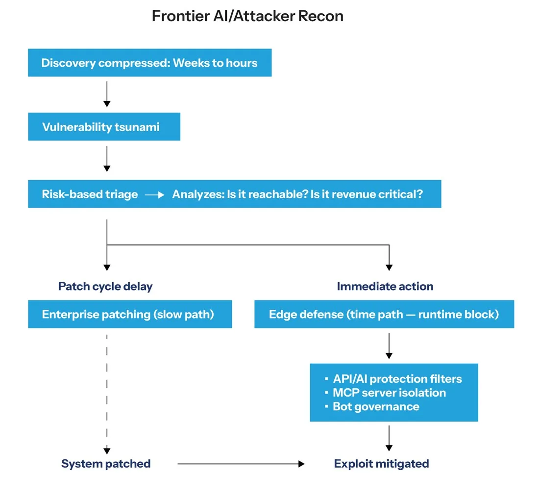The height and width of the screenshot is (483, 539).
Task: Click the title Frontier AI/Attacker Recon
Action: [x=247, y=16]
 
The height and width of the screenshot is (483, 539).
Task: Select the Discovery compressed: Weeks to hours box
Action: [x=150, y=63]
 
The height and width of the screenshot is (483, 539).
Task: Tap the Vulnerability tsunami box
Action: [x=104, y=127]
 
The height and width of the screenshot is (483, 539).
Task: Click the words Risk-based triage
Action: [x=90, y=194]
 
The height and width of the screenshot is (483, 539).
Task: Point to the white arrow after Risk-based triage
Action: [x=155, y=195]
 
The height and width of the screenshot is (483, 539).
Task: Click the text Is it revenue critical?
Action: [x=367, y=194]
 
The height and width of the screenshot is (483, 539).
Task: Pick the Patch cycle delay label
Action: [x=105, y=286]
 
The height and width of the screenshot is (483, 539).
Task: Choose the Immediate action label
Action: [x=385, y=286]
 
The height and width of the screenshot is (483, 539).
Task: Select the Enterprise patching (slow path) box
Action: [x=130, y=314]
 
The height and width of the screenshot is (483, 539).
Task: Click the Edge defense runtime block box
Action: [x=384, y=314]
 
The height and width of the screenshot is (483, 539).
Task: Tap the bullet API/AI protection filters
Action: [x=393, y=378]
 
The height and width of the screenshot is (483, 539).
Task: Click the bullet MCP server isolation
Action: [x=385, y=393]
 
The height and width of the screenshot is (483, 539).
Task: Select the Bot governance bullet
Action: [x=372, y=406]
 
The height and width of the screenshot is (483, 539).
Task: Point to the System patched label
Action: [x=106, y=464]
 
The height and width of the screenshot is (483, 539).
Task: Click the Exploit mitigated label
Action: [x=382, y=464]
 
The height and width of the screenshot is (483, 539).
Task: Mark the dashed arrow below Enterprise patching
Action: [x=107, y=394]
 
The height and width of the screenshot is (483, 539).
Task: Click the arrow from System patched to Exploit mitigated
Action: [x=241, y=464]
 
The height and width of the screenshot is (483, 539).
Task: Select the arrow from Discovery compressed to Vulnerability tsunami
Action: [x=107, y=94]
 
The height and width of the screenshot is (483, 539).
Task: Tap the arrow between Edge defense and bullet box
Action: [x=389, y=346]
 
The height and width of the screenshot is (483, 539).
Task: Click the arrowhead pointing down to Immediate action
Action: [x=389, y=268]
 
